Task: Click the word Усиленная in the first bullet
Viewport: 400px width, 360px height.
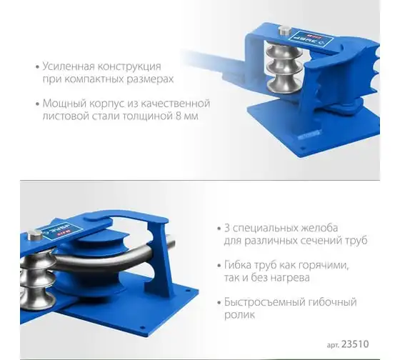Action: point(69,66)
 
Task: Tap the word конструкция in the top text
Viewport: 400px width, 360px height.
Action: point(129,67)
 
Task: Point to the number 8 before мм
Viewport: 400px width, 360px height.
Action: point(179,116)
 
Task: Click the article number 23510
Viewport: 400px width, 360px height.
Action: point(355,344)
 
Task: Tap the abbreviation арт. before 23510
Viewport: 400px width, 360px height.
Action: point(333,345)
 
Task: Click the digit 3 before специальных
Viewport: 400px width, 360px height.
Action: point(227,228)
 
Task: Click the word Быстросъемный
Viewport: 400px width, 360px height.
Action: point(264,302)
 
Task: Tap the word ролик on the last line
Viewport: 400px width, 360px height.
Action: point(239,315)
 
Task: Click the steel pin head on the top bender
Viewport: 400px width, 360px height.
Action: point(285,31)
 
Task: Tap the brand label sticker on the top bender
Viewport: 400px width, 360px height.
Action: point(311,39)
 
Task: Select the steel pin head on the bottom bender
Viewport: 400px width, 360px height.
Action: point(35,235)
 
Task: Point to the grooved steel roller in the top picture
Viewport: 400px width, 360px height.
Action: point(284,67)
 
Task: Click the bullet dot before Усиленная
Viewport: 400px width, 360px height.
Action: point(38,67)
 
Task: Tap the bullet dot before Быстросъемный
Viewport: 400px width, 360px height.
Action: point(219,303)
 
